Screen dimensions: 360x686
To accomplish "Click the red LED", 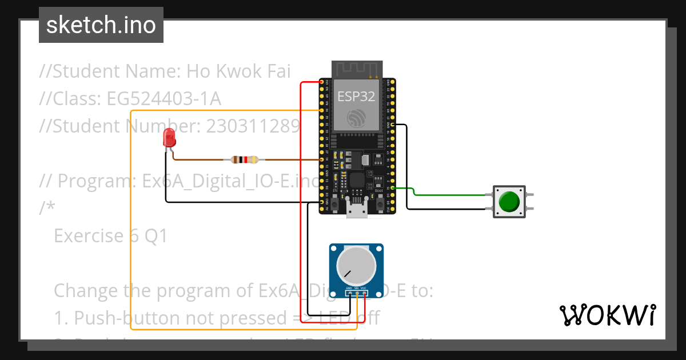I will pos(169,138).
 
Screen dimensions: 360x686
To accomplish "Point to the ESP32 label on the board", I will pos(356,96).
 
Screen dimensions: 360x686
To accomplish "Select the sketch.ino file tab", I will pos(101,25).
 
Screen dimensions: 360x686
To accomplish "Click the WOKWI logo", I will pos(607,315).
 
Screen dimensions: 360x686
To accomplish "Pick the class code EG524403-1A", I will pos(163,99).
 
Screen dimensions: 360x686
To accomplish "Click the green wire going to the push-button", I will pos(452,195).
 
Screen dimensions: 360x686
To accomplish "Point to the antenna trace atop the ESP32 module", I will pos(356,69).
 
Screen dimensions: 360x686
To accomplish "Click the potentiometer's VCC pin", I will pos(364,293).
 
